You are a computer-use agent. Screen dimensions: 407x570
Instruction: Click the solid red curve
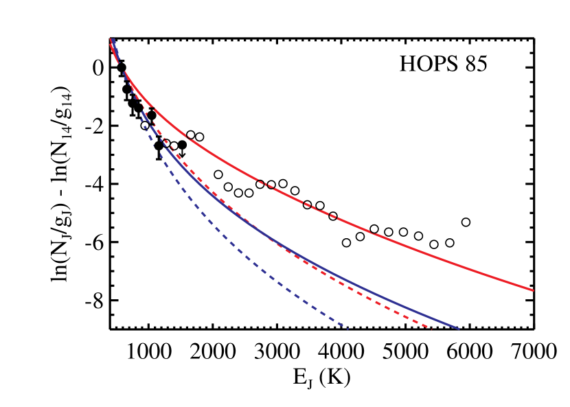412,248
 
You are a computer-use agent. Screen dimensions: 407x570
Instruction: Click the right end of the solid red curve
533,290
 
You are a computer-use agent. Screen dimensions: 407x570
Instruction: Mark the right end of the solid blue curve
458,329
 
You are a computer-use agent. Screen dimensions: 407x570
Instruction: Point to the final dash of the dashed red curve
429,327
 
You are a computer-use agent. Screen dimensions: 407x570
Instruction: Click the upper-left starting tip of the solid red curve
111,41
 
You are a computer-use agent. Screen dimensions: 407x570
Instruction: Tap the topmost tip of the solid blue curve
113,39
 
